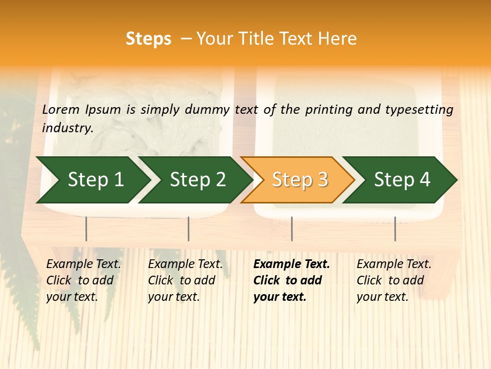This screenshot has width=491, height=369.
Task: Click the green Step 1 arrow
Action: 95,179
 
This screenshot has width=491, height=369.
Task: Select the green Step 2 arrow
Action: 197,179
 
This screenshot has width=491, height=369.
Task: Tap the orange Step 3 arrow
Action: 300,179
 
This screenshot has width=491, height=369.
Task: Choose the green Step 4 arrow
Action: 402,179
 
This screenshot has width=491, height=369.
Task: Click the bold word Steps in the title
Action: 148,38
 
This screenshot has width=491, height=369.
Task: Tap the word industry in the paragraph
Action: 67,128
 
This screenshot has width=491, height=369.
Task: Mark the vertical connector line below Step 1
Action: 86,229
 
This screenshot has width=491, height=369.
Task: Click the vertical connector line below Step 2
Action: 189,229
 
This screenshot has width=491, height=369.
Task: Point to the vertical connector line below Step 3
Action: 292,229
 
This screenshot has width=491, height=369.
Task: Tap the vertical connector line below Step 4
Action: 395,229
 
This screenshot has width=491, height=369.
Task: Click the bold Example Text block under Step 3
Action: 292,280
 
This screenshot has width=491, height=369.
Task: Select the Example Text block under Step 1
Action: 83,280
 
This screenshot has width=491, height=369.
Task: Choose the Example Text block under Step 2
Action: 185,280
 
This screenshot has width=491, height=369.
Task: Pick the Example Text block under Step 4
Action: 394,280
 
